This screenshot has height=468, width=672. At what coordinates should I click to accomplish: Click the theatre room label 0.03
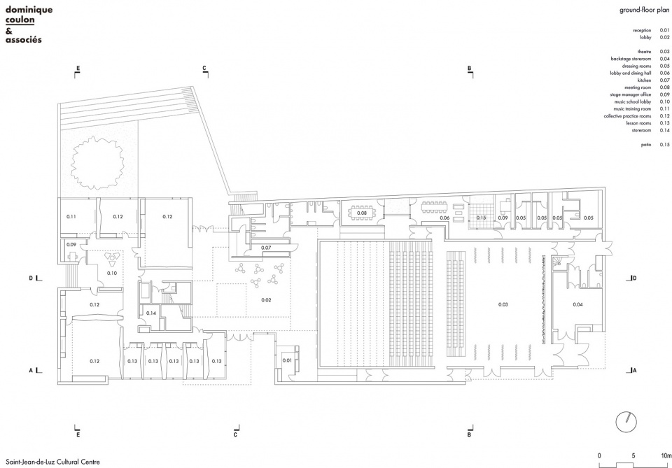[503, 304]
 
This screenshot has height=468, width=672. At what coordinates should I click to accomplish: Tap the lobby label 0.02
[266, 300]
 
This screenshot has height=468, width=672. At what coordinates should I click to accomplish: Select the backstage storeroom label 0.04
[577, 304]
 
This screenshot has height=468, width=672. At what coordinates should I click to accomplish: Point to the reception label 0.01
[287, 360]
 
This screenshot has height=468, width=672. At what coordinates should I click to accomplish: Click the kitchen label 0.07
[266, 248]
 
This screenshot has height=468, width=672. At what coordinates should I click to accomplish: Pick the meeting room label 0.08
[362, 213]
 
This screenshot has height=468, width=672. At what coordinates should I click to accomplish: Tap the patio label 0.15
[482, 218]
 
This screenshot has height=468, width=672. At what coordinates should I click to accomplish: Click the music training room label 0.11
[71, 217]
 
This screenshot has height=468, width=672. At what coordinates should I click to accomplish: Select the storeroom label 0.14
[151, 313]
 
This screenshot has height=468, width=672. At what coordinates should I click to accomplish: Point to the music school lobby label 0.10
[112, 274]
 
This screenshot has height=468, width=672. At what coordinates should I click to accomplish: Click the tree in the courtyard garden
[97, 163]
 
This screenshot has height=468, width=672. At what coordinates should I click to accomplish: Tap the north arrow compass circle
[626, 422]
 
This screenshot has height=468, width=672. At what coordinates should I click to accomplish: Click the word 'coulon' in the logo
[20, 20]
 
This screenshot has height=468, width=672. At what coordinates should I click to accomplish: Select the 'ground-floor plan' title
[644, 10]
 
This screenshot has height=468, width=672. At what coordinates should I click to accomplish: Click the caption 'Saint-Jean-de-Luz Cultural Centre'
[52, 462]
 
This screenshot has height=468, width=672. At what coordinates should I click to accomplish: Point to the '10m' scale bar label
[666, 456]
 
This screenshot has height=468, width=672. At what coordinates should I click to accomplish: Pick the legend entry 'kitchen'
[644, 80]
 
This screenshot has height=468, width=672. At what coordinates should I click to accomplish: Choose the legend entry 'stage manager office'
[631, 94]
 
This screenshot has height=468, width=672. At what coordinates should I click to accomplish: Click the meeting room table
[362, 213]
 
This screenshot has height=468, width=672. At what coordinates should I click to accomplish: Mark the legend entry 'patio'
[646, 145]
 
